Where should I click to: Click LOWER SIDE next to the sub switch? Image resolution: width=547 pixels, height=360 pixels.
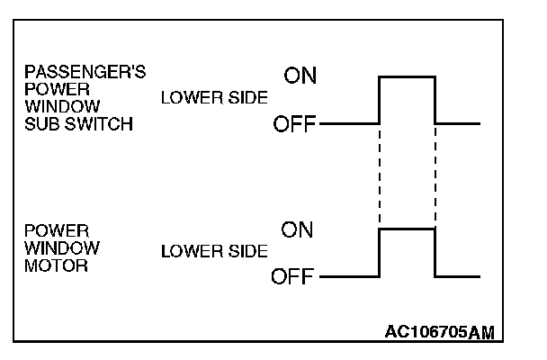tap(213, 99)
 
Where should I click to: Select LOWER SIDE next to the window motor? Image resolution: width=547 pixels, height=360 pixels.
tap(213, 252)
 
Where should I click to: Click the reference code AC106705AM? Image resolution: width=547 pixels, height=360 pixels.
tap(440, 332)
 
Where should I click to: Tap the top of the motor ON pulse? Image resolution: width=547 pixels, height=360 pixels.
tap(408, 229)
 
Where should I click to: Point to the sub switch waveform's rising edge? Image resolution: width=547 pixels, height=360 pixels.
tap(381, 99)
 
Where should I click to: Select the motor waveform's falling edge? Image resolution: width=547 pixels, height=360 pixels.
tap(435, 253)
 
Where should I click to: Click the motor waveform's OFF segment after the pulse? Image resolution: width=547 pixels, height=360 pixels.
tap(458, 276)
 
